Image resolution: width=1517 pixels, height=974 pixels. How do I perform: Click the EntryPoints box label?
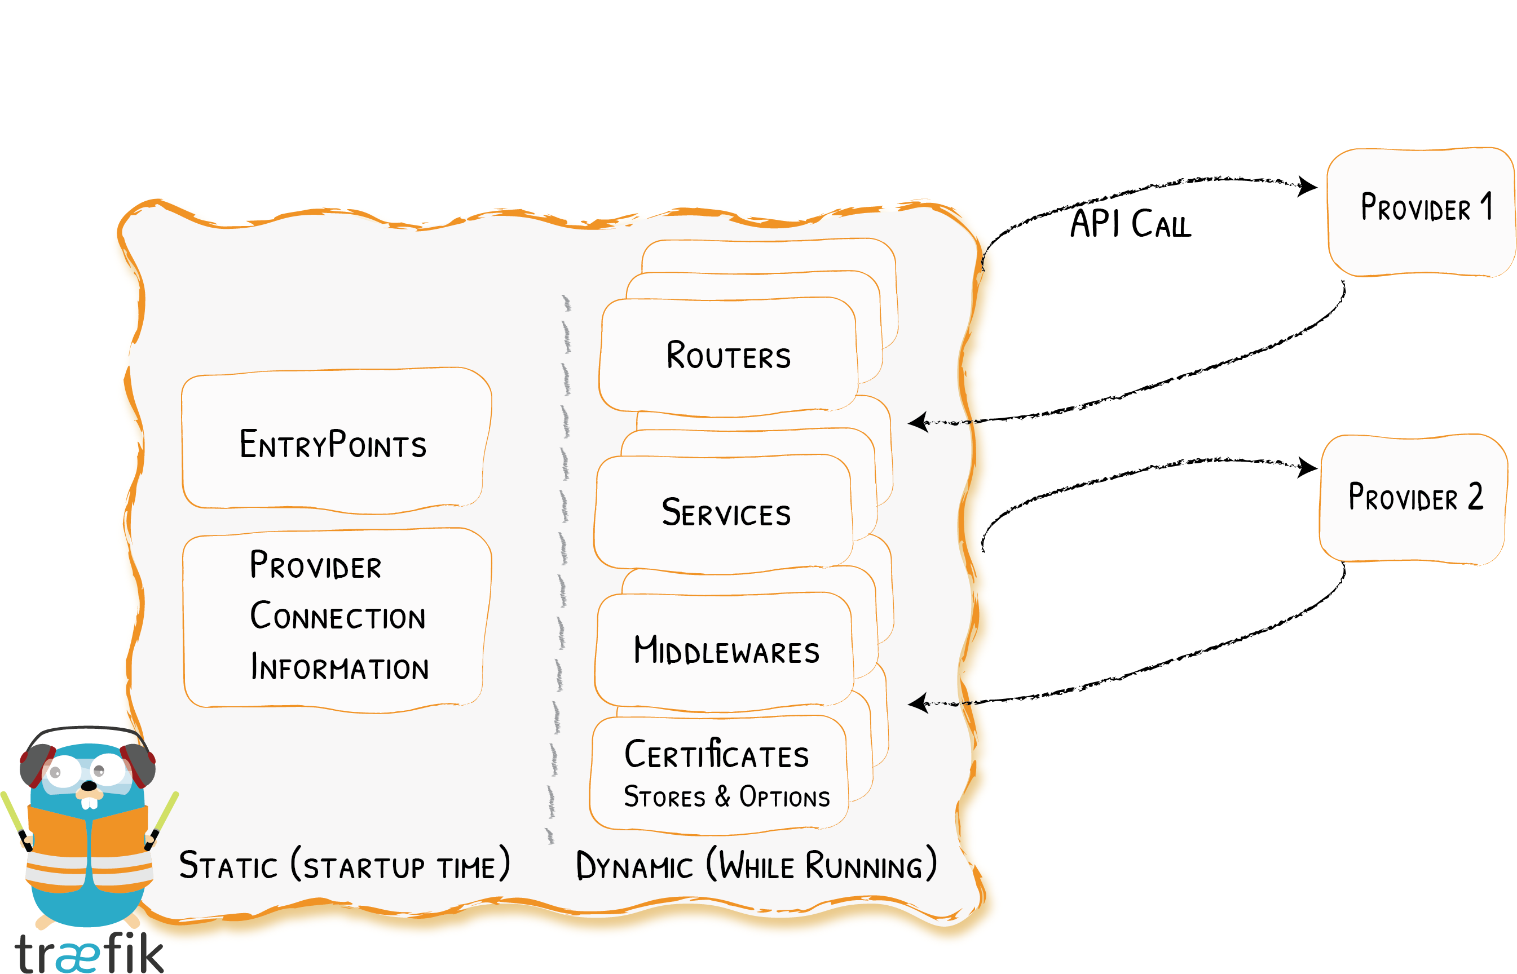point(333,444)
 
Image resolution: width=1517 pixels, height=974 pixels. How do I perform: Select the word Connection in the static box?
point(337,616)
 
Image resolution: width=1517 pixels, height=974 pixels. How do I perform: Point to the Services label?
point(726,512)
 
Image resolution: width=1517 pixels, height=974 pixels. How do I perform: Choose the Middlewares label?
point(726,650)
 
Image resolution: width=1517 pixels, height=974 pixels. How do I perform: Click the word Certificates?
point(716,754)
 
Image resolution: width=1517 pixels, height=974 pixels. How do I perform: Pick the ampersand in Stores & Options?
point(722,796)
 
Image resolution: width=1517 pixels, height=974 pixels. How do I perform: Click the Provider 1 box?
point(1420,212)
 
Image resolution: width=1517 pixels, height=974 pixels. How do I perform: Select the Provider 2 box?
point(1413,498)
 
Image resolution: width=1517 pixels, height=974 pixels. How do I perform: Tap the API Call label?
point(1130,224)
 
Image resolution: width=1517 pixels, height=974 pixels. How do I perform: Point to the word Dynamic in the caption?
point(634,866)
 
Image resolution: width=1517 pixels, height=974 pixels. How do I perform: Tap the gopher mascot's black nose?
point(89,786)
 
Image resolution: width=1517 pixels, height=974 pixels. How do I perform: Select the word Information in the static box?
point(339,667)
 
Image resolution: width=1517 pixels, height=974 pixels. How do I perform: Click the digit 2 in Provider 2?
point(1475,497)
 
